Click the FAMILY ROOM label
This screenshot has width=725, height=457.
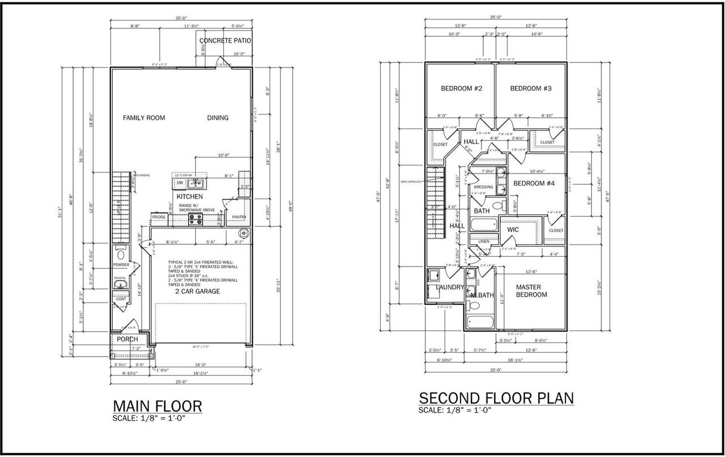pos(144,118)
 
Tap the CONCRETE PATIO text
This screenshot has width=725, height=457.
pos(225,41)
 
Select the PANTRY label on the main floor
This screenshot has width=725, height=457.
pos(239,217)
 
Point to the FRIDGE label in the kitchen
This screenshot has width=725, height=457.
pos(159,217)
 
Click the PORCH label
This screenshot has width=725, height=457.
pos(127,339)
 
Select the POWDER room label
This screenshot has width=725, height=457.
pos(121,265)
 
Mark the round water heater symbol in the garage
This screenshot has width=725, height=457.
pos(244,233)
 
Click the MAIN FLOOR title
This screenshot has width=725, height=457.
pos(157,406)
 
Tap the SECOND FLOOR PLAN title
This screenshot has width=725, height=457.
pos(496,398)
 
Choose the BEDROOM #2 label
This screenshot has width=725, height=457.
pos(462,88)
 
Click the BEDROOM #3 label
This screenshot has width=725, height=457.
pos(531,88)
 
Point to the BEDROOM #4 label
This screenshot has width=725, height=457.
pos(534,183)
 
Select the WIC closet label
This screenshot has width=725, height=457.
pos(513,230)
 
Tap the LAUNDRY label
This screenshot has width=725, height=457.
pos(450,287)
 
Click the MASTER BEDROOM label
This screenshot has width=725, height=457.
pos(531,291)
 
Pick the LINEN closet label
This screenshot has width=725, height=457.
pos(484,242)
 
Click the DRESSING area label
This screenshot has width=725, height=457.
pos(484,187)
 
